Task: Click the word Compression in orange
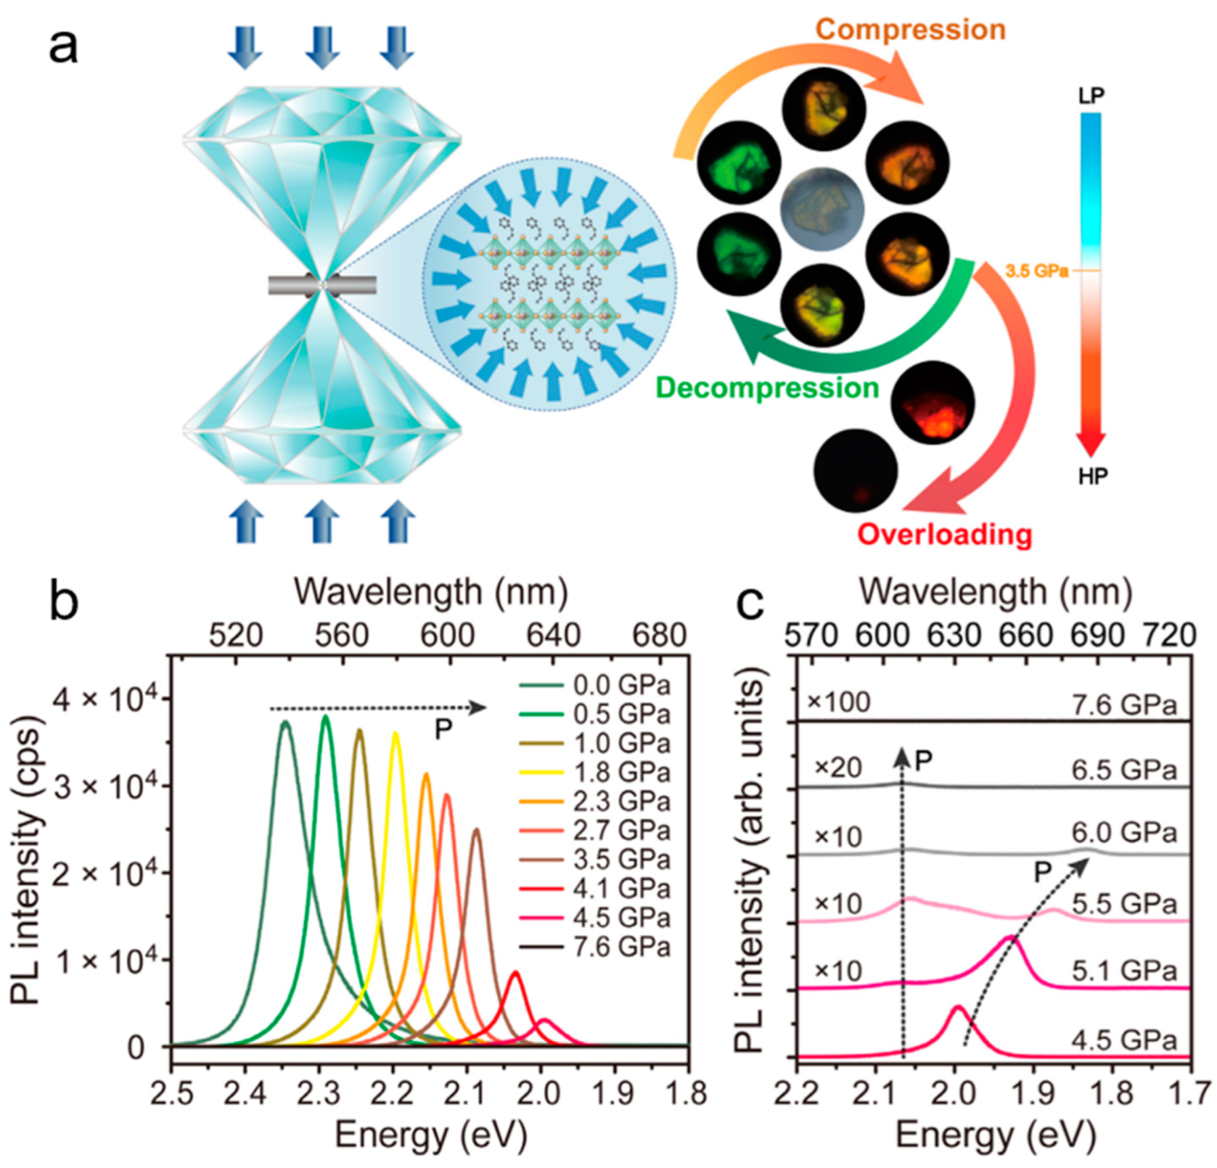pyautogui.click(x=910, y=30)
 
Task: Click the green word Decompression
pyautogui.click(x=767, y=388)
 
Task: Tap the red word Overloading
pyautogui.click(x=944, y=534)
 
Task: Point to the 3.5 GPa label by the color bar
pyautogui.click(x=1037, y=271)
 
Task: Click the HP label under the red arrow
pyautogui.click(x=1092, y=476)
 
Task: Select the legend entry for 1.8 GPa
pyautogui.click(x=620, y=772)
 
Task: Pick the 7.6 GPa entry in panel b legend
pyautogui.click(x=620, y=947)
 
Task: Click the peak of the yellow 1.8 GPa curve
pyautogui.click(x=395, y=734)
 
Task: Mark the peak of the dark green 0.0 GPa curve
pyautogui.click(x=285, y=723)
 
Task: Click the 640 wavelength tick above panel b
pyautogui.click(x=553, y=636)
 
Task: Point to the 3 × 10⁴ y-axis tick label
pyautogui.click(x=106, y=787)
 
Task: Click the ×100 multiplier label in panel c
pyautogui.click(x=839, y=703)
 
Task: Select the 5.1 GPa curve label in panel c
pyautogui.click(x=1124, y=971)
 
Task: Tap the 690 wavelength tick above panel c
pyautogui.click(x=1097, y=636)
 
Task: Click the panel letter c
pyautogui.click(x=750, y=602)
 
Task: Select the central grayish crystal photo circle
pyautogui.click(x=822, y=210)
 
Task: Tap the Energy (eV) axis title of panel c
pyautogui.click(x=995, y=1136)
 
